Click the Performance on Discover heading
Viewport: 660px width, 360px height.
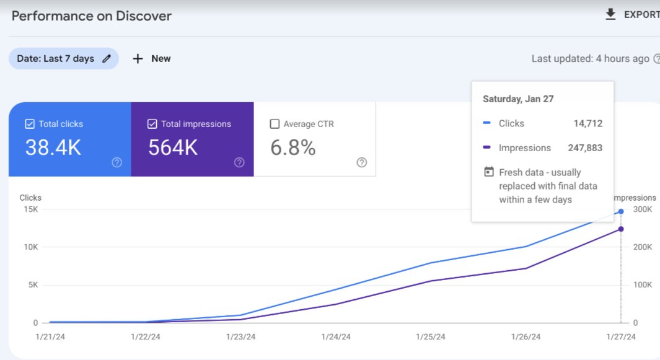91,16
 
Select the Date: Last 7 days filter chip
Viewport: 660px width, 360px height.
63,59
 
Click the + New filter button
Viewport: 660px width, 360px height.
152,59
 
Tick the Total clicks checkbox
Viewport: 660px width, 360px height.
30,124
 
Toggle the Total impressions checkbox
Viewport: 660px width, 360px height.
152,124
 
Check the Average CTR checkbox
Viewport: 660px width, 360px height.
275,124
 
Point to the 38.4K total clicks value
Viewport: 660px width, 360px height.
53,147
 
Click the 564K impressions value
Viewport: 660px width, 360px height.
173,147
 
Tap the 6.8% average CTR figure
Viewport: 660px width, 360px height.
293,147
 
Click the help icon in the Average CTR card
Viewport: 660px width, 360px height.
362,162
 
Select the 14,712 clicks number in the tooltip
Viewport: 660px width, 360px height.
587,123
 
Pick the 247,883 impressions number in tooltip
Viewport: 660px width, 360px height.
585,148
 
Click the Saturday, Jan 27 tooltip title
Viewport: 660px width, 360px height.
517,99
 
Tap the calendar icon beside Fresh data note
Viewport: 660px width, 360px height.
488,172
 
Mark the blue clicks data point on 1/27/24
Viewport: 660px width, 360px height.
621,211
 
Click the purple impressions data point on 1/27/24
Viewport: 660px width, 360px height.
621,229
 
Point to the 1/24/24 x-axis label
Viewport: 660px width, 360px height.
336,336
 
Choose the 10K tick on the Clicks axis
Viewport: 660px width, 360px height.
31,247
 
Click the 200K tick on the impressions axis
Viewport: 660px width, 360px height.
642,247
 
